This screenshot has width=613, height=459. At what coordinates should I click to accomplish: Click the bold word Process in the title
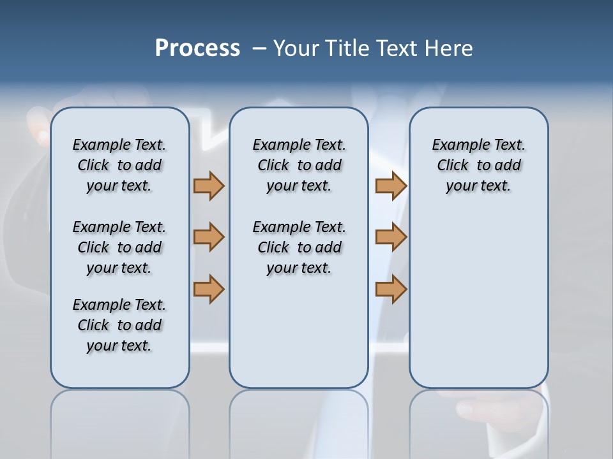(x=197, y=48)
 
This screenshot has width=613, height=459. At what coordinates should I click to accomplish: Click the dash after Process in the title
(x=259, y=48)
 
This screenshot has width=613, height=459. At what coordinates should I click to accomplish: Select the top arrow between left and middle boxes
(x=209, y=186)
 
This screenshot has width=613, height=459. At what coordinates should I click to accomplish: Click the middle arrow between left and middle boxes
(x=209, y=237)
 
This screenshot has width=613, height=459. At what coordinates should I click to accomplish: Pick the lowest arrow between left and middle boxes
(x=209, y=289)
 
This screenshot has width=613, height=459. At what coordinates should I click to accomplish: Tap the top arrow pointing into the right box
(x=391, y=186)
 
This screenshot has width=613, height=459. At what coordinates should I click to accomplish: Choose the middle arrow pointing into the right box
(x=391, y=237)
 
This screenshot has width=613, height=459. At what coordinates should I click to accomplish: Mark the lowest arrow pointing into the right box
(x=391, y=289)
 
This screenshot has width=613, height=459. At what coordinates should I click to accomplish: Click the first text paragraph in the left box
(x=119, y=165)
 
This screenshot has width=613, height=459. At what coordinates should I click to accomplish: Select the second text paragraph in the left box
(x=119, y=247)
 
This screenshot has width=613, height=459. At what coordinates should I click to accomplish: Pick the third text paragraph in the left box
(x=119, y=325)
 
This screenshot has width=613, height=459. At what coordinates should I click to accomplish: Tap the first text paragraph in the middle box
(x=299, y=165)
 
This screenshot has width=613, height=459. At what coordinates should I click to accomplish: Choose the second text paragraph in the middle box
(x=299, y=247)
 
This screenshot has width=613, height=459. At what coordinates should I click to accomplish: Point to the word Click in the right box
(x=453, y=165)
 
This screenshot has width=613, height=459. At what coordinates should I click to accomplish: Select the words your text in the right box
(x=478, y=186)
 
